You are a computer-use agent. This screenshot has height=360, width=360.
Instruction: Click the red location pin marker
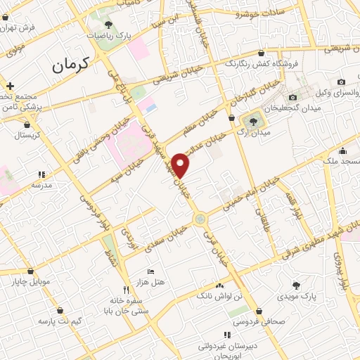(x=182, y=165)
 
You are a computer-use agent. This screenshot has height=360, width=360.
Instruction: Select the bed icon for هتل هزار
(x=150, y=271)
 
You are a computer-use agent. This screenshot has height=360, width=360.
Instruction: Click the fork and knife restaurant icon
(x=127, y=289)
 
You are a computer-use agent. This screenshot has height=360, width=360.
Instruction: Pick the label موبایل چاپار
(x=30, y=283)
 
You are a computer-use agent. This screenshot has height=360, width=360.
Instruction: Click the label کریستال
(x=28, y=134)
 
